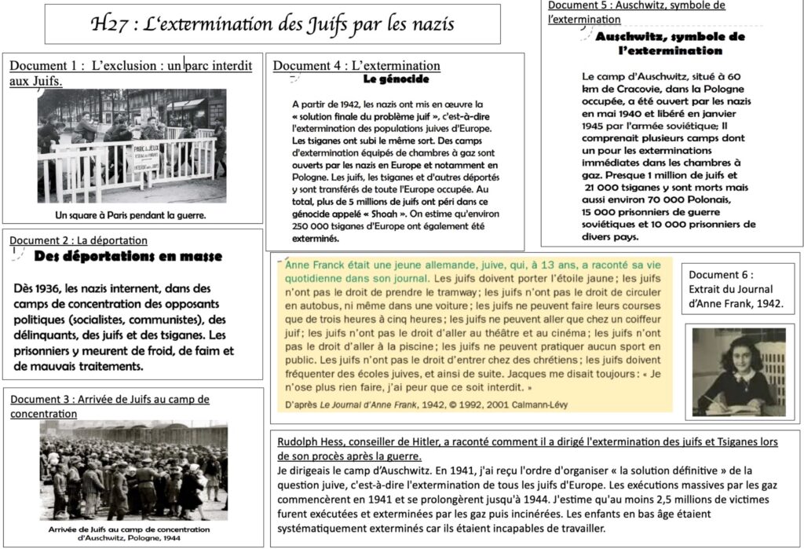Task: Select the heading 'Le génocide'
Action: [396, 79]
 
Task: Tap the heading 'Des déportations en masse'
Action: [129, 256]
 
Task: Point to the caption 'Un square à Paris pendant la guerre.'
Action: [130, 214]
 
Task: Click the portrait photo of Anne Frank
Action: [739, 371]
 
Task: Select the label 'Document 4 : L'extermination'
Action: [356, 66]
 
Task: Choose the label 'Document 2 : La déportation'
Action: [79, 240]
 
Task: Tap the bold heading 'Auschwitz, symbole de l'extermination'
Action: [659, 43]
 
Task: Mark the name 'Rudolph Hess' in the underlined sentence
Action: [309, 441]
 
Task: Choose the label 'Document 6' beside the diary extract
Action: [720, 275]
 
